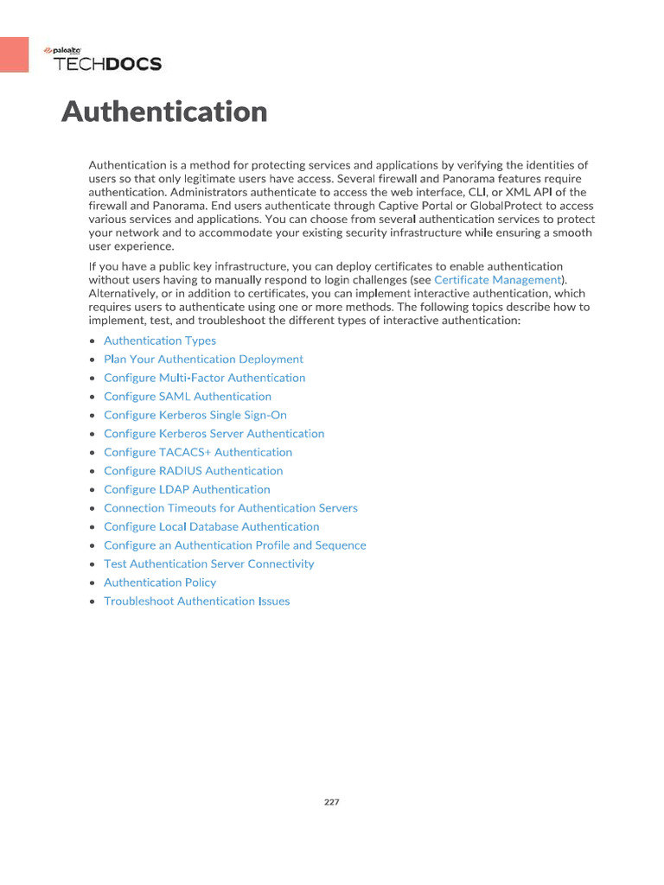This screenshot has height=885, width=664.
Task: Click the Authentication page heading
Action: point(164,112)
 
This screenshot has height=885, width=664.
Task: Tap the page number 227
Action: point(332,802)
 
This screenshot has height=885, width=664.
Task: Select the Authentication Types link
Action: point(160,341)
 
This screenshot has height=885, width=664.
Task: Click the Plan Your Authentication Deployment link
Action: point(203,359)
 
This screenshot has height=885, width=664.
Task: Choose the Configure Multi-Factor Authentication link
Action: point(204,378)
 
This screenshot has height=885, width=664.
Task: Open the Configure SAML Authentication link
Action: point(188,397)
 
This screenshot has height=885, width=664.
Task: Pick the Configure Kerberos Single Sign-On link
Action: point(195,415)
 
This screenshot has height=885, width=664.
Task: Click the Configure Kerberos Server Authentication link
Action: point(214,434)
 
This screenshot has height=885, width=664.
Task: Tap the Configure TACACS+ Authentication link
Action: point(198,452)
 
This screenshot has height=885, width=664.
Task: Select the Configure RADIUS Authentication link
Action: point(193,471)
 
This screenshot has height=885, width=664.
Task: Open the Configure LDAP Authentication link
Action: point(187,489)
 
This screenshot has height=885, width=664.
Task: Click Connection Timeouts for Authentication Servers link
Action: point(230,508)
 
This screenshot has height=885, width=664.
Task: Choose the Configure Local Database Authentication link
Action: point(211,526)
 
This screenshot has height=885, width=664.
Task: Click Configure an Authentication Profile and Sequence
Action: point(234,545)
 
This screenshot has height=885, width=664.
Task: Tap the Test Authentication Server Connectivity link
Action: point(208,563)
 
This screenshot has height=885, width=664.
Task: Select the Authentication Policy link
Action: point(160,583)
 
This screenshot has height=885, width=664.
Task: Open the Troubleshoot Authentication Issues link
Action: point(196,601)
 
